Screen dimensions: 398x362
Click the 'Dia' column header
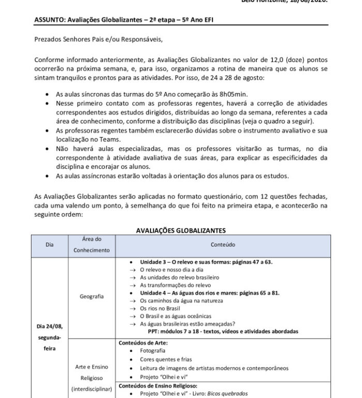click(x=49, y=244)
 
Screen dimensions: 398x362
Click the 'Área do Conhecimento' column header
click(x=92, y=244)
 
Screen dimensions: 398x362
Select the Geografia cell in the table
click(x=92, y=296)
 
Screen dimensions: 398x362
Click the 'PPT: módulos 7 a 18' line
click(x=230, y=331)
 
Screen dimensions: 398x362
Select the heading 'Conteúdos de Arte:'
click(x=144, y=342)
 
